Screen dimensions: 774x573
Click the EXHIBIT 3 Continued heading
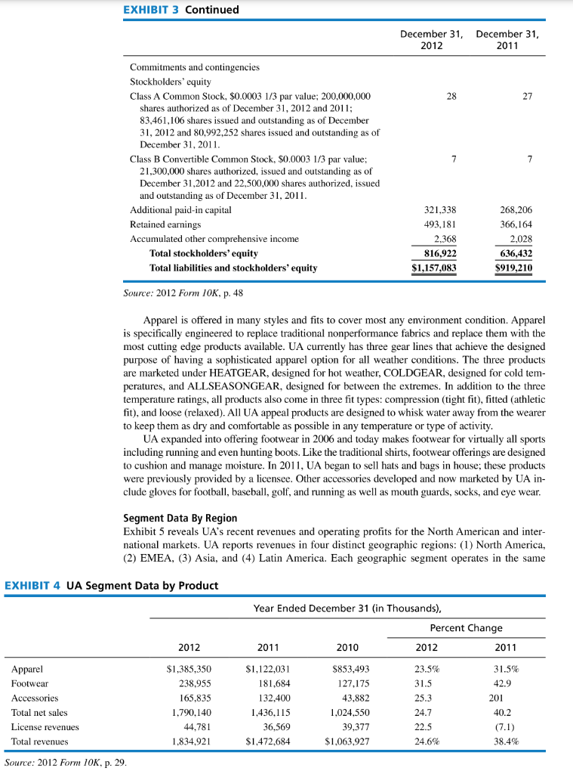pos(181,10)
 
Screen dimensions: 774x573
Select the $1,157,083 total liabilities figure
pos(433,268)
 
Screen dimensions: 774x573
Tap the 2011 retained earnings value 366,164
pos(516,224)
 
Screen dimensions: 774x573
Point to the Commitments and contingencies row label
pos(194,67)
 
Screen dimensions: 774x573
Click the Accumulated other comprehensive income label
pos(214,239)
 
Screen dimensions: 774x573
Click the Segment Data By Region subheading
pos(180,518)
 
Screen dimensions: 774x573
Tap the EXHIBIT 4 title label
pos(111,585)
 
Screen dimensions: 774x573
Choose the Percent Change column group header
pos(466,628)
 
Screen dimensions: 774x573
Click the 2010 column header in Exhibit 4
pos(348,647)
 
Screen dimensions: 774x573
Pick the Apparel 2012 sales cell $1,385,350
pos(189,669)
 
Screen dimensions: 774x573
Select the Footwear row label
pos(29,683)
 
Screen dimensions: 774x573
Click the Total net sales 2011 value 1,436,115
pos(269,712)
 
